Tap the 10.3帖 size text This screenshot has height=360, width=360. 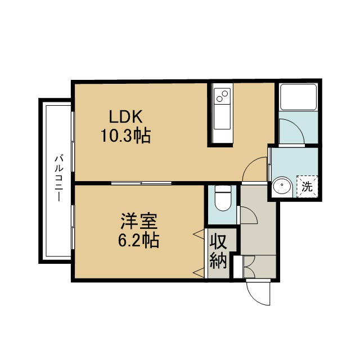tap(125, 136)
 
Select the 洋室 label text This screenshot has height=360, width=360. tap(139, 221)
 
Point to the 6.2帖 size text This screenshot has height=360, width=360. tap(139, 240)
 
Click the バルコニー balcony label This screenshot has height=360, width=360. tap(59, 178)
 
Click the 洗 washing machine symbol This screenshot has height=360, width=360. tap(307, 186)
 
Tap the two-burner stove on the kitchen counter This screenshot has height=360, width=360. tap(222, 96)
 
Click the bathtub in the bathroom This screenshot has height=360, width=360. tap(298, 97)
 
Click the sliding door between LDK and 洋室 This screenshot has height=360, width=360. tap(141, 183)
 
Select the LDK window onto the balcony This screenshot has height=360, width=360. tap(73, 142)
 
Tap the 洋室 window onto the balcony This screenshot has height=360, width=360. tap(73, 227)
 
